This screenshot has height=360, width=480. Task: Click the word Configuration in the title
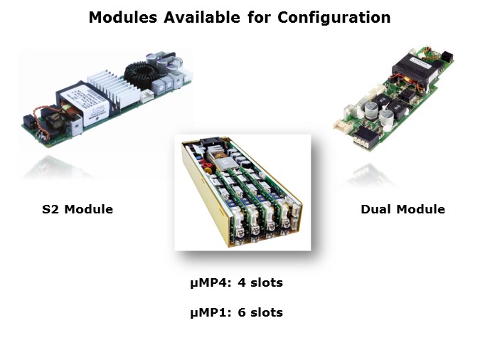334,17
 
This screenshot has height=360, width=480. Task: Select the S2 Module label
78,209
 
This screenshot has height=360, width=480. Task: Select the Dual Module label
402,209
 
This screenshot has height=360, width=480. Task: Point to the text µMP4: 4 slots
236,282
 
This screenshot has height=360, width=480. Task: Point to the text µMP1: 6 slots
236,312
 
